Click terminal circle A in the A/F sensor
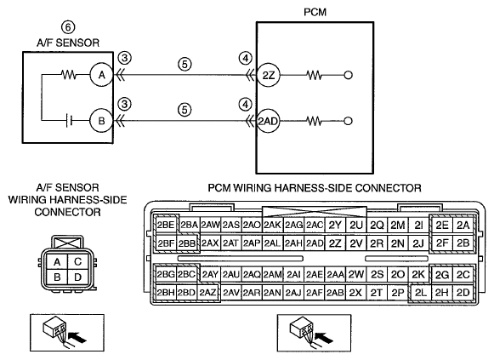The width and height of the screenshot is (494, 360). click(101, 75)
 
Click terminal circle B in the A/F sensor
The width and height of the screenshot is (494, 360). click(101, 121)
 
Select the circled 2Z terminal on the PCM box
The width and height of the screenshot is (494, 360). click(269, 76)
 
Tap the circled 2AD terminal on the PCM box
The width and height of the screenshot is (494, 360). click(269, 121)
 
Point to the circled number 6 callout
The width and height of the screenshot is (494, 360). click(68, 27)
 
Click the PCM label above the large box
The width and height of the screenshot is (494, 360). click(315, 12)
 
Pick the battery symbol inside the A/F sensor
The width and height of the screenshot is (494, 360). click(70, 121)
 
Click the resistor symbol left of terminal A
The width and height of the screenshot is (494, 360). click(69, 75)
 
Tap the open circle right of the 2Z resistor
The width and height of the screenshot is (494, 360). click(348, 76)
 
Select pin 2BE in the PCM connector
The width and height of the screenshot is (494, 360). click(166, 225)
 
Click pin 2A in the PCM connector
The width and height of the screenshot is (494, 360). click(463, 225)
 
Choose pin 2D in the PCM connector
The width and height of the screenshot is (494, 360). click(463, 293)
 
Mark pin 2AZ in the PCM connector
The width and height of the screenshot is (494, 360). click(207, 293)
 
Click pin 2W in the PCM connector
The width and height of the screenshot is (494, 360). click(356, 275)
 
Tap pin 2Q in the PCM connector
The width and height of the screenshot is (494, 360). click(377, 225)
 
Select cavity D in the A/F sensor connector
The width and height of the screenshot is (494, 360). click(78, 277)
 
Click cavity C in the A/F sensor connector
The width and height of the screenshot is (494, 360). click(78, 261)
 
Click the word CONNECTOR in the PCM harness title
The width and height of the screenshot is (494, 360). click(388, 188)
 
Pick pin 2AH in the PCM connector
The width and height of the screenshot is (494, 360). click(293, 243)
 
